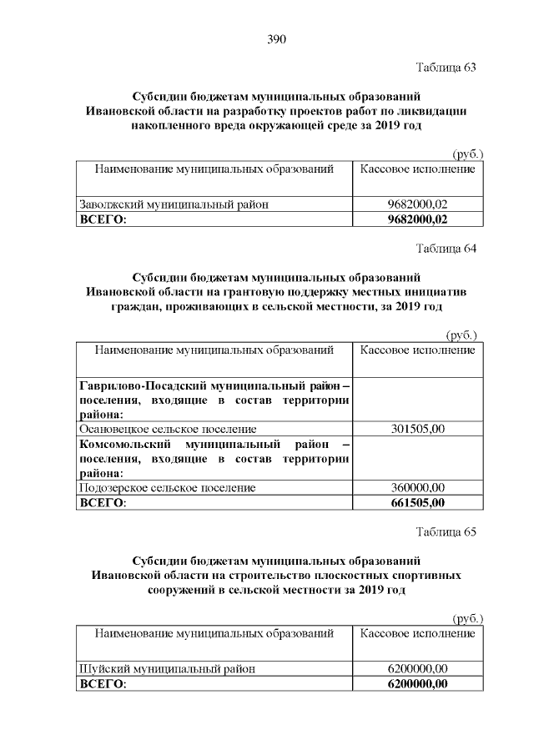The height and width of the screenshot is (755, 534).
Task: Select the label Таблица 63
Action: (446, 67)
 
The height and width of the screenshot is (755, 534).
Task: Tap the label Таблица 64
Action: (446, 248)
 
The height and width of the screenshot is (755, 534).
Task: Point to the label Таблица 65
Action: (446, 532)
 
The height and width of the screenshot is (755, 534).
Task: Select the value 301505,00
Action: (417, 430)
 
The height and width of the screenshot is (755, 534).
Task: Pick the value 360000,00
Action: (417, 488)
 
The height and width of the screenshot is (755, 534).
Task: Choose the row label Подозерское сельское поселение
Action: (167, 488)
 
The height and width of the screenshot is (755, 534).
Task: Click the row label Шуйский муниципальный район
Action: (166, 669)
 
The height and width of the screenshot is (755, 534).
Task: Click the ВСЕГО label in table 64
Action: (101, 503)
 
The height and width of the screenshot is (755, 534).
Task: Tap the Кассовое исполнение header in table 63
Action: (417, 169)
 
